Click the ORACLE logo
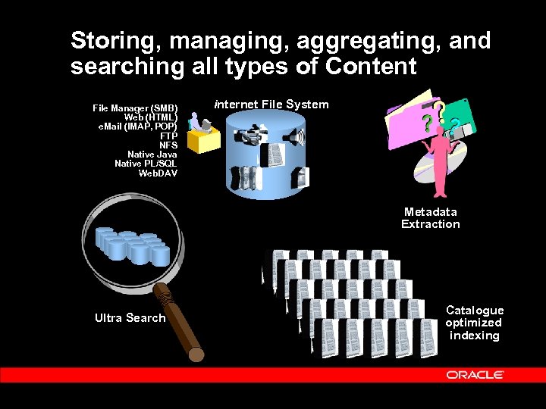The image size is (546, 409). coord(475,374)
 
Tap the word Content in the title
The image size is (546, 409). coord(372,67)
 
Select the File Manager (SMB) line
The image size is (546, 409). coord(135,108)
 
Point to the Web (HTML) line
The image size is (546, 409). coord(151,117)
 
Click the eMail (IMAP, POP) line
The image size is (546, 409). coord(138,126)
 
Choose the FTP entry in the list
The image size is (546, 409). coord(168,136)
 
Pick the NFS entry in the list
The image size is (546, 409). coord(168,145)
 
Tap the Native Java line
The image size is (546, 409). coord(152,155)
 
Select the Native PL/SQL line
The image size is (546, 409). coord(146,164)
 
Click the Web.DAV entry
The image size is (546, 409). coord(158,173)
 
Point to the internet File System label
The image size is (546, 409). coord(271,105)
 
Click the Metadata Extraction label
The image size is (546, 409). coord(430,218)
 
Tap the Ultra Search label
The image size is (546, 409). coord(130,318)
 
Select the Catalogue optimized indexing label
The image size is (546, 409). coord(474,323)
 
